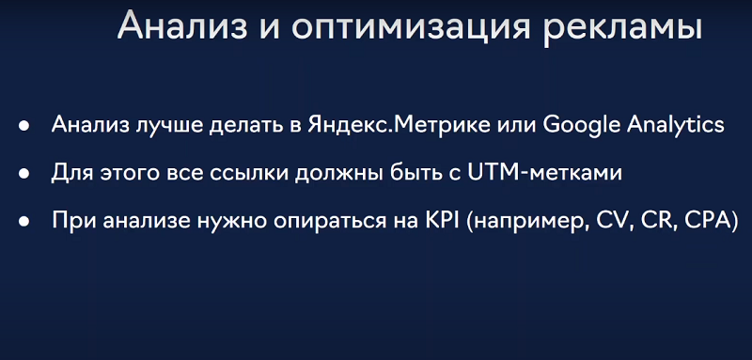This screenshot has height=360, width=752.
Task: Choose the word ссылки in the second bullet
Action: point(255,173)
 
